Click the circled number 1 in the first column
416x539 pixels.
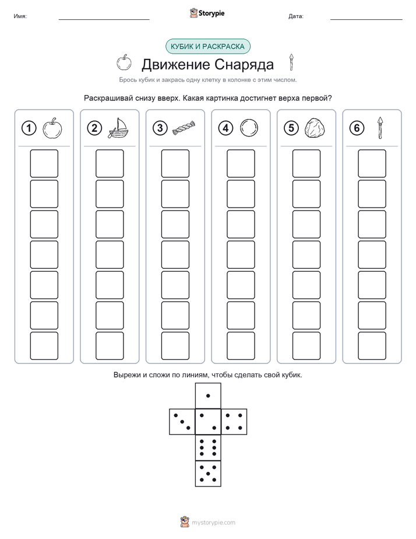pos(29,128)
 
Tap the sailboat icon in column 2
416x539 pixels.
pos(118,128)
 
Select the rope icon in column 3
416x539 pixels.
pos(184,128)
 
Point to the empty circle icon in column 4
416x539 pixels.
pos(249,128)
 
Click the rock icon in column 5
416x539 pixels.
pos(315,128)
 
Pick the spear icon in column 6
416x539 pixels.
pos(380,128)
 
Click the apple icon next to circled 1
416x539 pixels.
pos(52,128)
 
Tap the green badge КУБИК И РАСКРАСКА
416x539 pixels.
pos(207,47)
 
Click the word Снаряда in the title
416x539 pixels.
pos(244,64)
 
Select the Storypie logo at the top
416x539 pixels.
pos(207,13)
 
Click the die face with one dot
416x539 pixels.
pos(208,395)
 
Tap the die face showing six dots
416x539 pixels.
pos(208,447)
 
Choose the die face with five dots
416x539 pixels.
pos(208,474)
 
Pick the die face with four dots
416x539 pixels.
pos(234,422)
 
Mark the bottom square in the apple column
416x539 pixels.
pos(44,346)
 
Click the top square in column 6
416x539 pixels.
pos(372,163)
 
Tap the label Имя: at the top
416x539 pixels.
pos(20,16)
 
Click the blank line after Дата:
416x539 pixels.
pos(366,19)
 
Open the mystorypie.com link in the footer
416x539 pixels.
pos(213,523)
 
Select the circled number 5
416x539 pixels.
pos(291,128)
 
